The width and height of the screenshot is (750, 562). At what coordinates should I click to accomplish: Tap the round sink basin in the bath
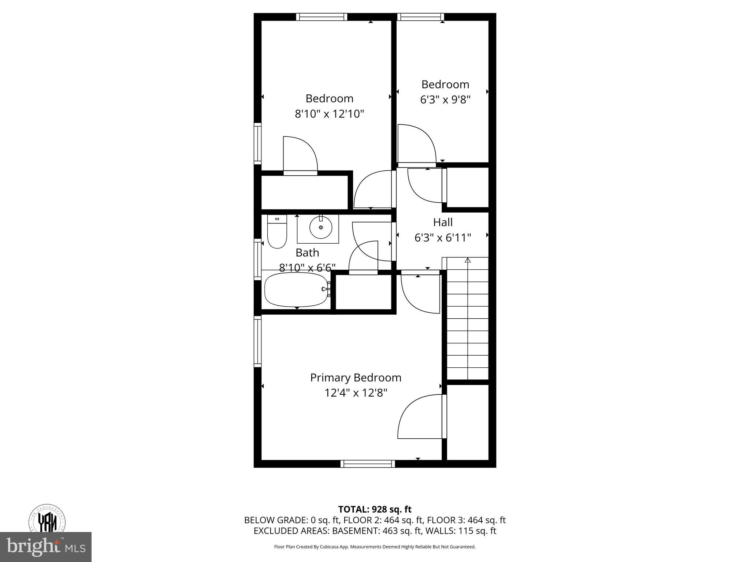click(321, 228)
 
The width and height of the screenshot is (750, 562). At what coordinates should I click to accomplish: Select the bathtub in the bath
click(296, 290)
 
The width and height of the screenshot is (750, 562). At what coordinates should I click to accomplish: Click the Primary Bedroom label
click(356, 378)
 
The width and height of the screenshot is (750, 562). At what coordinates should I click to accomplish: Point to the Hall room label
click(443, 222)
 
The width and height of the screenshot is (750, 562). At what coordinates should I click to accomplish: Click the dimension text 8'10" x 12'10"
click(329, 114)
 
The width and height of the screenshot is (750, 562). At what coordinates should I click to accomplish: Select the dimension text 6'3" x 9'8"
click(445, 100)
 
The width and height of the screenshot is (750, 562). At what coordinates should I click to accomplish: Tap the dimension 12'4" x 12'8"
click(356, 393)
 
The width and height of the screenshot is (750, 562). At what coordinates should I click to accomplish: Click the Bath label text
click(307, 252)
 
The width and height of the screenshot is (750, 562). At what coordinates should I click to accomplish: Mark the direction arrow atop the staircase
click(468, 261)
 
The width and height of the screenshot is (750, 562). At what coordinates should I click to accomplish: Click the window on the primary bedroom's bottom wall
click(368, 464)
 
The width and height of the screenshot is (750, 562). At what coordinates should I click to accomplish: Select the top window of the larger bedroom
click(322, 17)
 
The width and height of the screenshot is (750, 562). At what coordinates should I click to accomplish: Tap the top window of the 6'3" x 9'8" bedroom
click(420, 17)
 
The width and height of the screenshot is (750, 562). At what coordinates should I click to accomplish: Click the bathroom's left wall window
click(258, 260)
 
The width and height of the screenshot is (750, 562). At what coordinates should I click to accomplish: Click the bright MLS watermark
click(46, 547)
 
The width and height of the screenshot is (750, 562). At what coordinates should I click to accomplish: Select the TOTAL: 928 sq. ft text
click(375, 509)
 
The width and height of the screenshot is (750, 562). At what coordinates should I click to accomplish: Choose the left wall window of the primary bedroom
click(258, 342)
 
